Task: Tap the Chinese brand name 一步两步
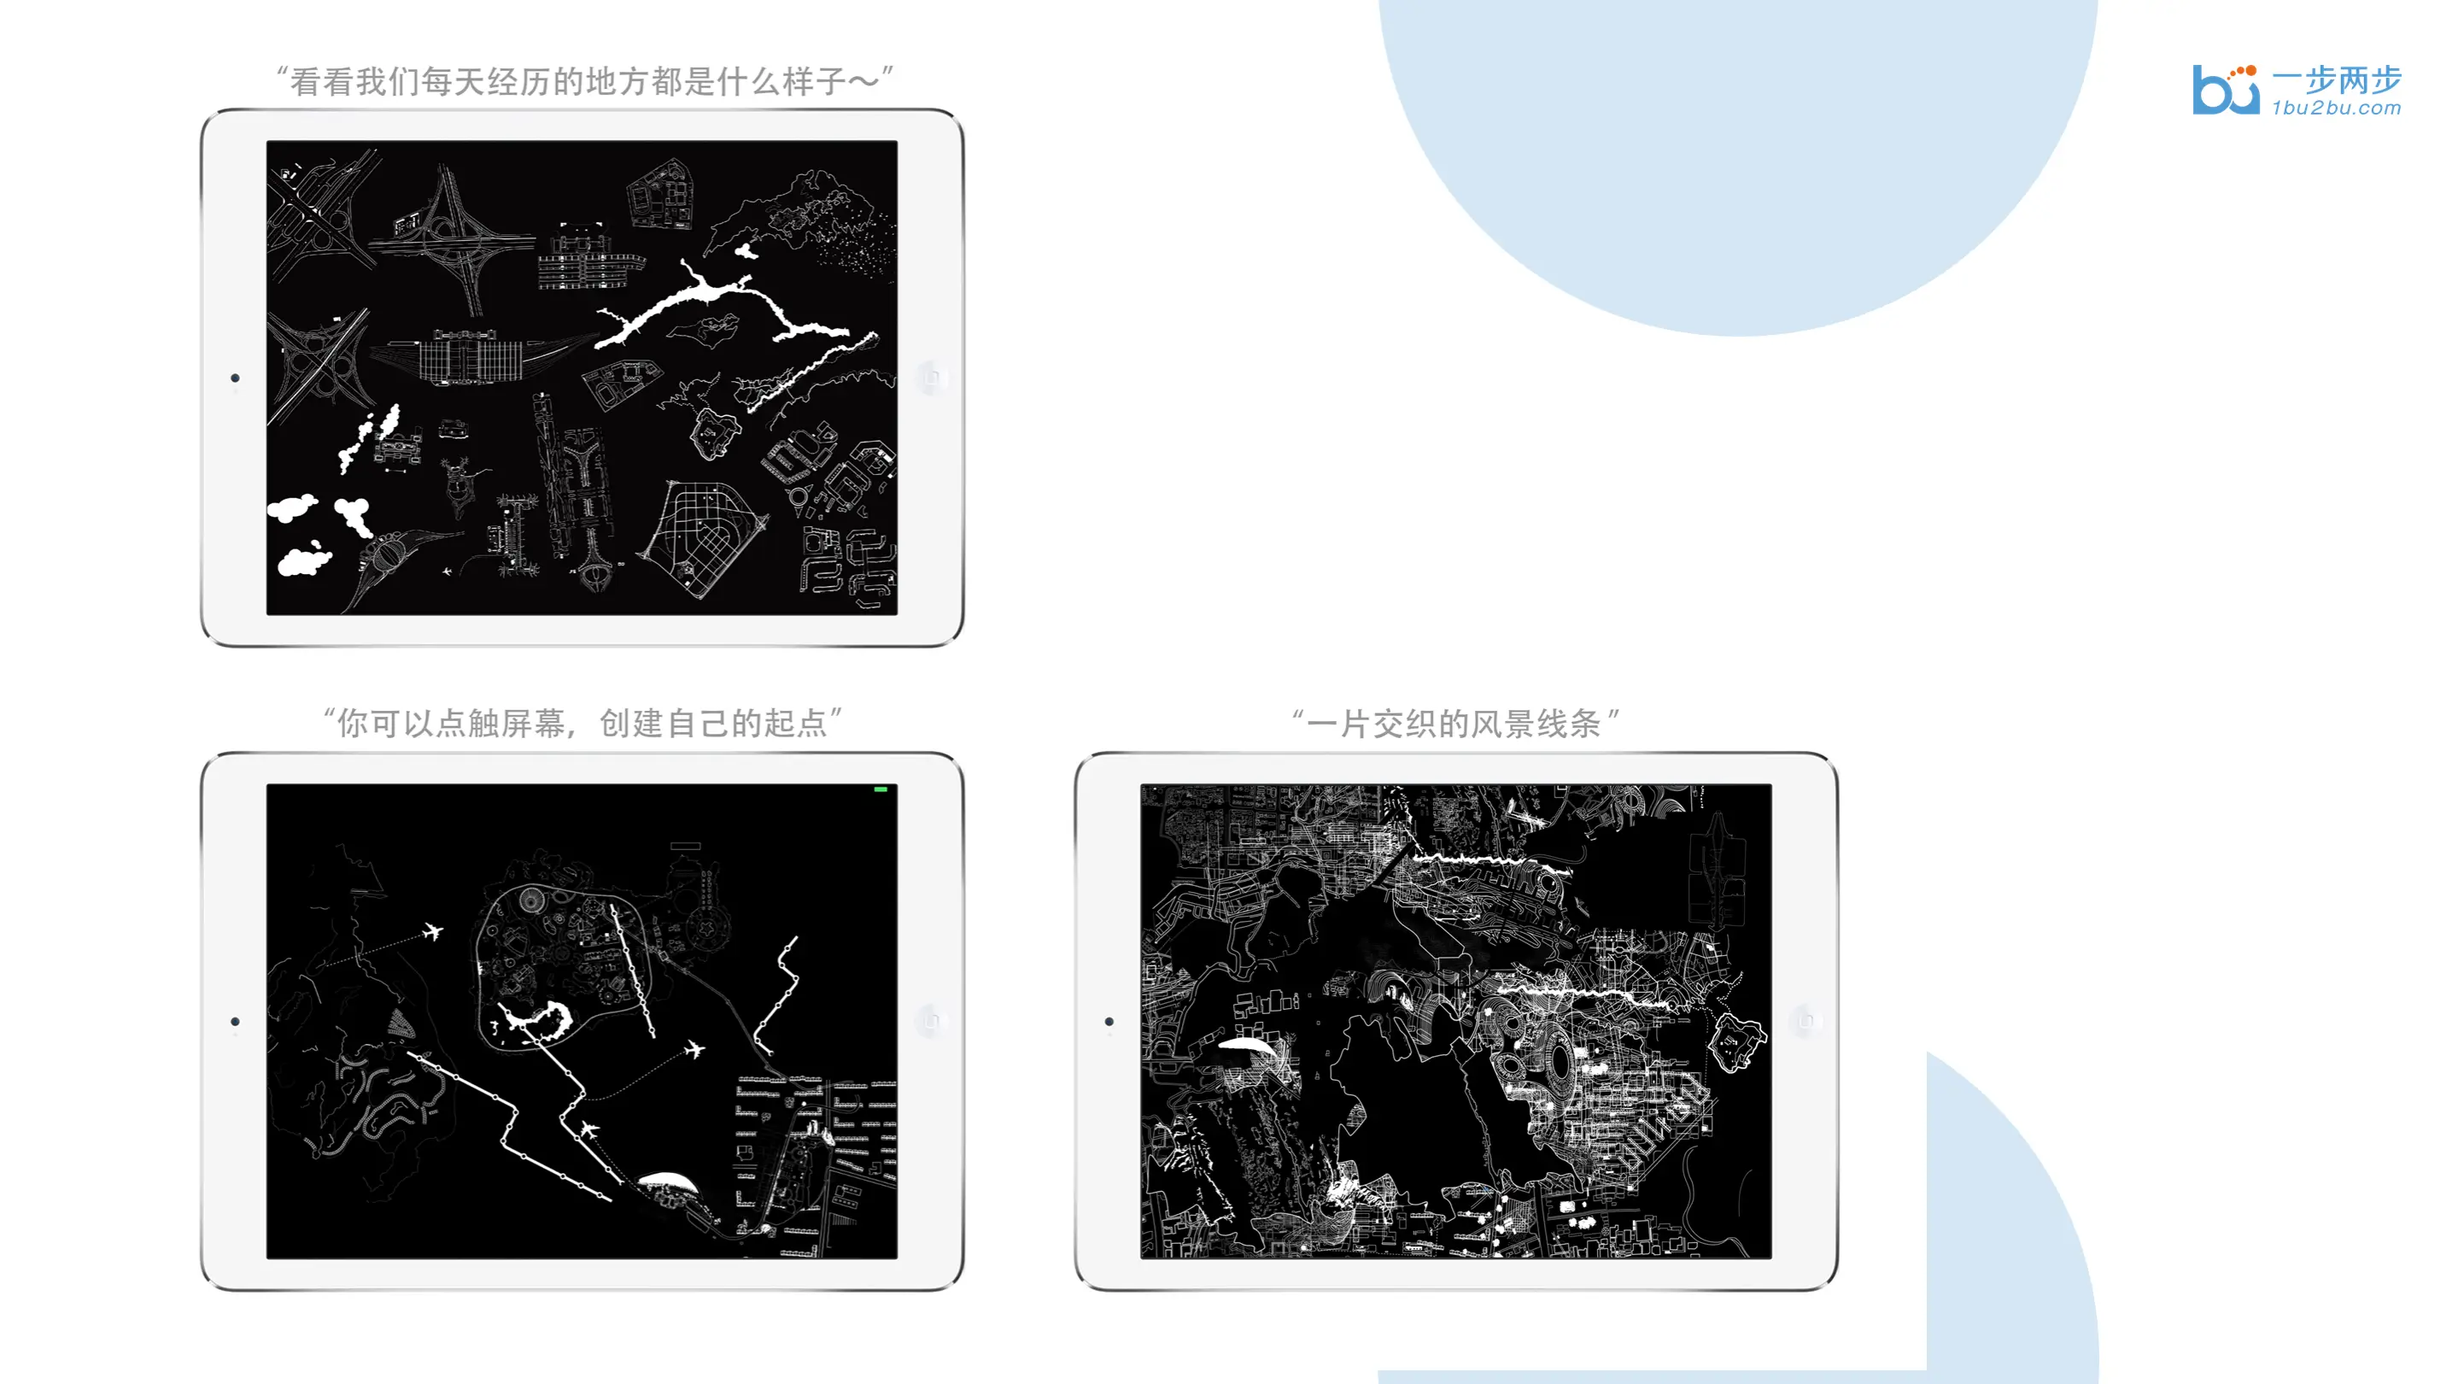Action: click(2336, 80)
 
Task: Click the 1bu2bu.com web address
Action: click(2336, 108)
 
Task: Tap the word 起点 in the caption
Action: click(795, 724)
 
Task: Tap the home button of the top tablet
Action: click(930, 378)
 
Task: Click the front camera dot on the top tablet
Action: click(235, 378)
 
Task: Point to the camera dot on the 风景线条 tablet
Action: click(1109, 1021)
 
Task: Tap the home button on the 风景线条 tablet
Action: click(1805, 1021)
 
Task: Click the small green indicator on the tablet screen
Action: click(881, 789)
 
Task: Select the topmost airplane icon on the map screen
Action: click(433, 930)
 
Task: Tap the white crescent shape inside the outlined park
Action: click(544, 1019)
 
